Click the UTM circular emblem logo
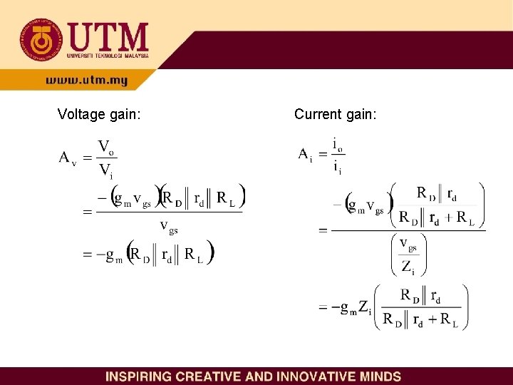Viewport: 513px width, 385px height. click(x=41, y=40)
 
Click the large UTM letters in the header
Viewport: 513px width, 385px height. click(x=108, y=36)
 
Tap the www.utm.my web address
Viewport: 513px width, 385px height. click(x=86, y=81)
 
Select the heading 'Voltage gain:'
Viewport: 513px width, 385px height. click(x=99, y=113)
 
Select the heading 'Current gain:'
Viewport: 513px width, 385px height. click(x=336, y=113)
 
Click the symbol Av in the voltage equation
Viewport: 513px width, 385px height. click(x=67, y=158)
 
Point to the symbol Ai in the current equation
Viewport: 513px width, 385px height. click(x=304, y=155)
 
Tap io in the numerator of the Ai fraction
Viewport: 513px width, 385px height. click(x=338, y=145)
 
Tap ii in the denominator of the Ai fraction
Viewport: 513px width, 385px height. click(x=337, y=168)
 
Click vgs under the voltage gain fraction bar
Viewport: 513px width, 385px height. click(x=169, y=227)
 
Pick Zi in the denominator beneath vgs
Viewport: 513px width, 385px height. click(x=408, y=267)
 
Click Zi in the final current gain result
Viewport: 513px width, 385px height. click(x=364, y=308)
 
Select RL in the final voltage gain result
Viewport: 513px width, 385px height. click(x=194, y=255)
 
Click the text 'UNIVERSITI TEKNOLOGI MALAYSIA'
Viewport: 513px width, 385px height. click(x=108, y=55)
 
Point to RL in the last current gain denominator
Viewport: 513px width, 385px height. click(x=449, y=319)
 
